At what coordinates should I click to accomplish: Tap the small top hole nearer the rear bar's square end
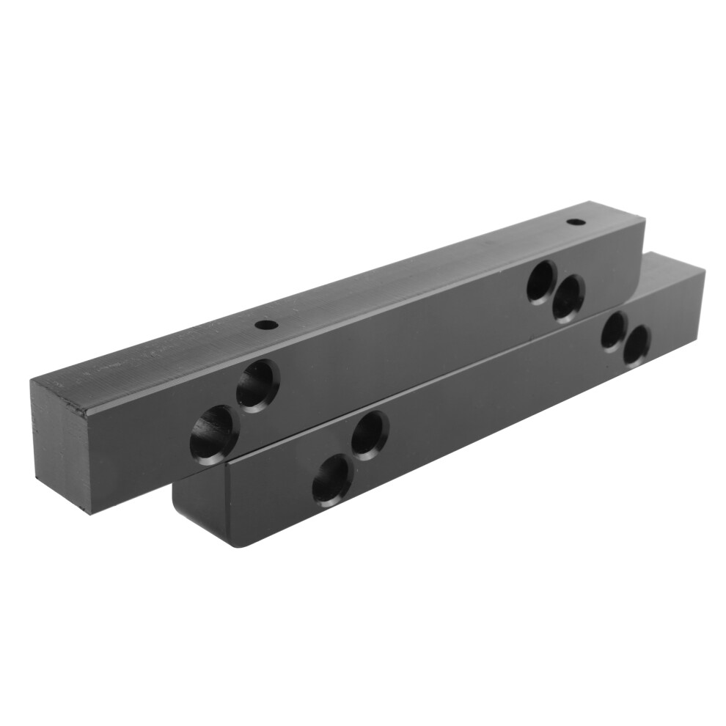click(265, 323)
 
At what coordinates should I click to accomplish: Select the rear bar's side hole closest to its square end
click(213, 435)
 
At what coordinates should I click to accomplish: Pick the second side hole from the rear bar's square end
click(257, 385)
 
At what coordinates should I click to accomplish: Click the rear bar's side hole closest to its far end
click(568, 298)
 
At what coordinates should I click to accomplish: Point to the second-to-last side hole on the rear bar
click(542, 282)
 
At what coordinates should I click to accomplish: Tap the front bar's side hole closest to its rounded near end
click(331, 480)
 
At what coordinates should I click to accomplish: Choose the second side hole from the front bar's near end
click(370, 436)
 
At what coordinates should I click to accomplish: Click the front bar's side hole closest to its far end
click(637, 345)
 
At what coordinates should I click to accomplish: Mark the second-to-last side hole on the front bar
click(613, 331)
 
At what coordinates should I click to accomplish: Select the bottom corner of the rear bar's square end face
click(90, 513)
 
